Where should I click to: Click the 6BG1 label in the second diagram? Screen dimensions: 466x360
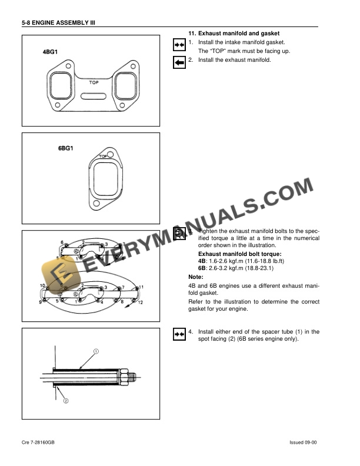coord(65,149)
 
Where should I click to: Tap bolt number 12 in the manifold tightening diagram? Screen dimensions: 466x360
coord(139,302)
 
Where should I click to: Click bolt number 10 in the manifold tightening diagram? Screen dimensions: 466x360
coord(43,286)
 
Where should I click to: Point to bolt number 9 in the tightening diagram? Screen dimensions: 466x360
coord(42,301)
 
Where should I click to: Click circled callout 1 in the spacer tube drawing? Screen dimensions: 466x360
coord(95,352)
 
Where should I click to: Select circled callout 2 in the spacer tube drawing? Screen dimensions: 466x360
coord(66,401)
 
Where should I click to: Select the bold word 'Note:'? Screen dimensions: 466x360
coord(179,277)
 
